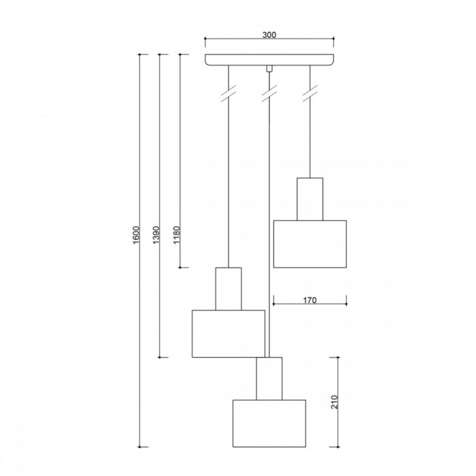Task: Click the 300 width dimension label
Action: pos(269,35)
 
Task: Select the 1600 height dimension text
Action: pos(136,235)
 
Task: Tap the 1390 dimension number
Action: pos(156,235)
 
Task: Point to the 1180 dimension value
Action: pos(176,235)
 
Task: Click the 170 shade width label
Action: pos(309,301)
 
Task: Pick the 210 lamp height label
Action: pos(335,402)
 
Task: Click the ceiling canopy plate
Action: pos(269,60)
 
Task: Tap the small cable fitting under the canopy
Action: pos(269,69)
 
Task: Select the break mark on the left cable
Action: pos(228,93)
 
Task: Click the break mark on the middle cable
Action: pos(269,93)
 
